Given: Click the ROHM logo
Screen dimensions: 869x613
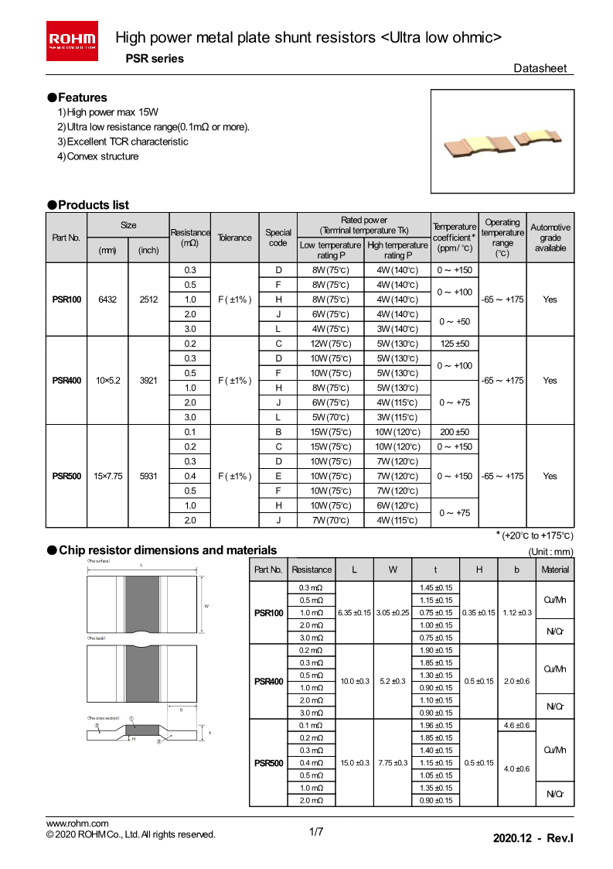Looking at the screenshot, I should [73, 40].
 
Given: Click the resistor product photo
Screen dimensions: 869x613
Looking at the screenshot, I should [502, 141].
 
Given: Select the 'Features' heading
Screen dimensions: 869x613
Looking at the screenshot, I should [77, 98].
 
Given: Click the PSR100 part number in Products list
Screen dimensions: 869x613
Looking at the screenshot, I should [66, 299].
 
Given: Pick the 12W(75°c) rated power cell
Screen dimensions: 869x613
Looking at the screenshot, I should [330, 344].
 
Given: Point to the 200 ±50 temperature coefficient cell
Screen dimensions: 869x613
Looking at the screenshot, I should [455, 432].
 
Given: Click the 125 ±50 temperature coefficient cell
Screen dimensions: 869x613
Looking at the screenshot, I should [455, 344].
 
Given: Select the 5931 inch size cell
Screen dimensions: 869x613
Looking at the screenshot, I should [148, 476].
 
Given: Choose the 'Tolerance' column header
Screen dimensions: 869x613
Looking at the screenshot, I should [234, 238].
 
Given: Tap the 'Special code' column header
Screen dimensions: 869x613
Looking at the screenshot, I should [278, 238].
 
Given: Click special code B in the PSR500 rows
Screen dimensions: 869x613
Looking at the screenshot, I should [278, 432].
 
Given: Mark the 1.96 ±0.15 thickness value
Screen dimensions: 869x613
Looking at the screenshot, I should [437, 725].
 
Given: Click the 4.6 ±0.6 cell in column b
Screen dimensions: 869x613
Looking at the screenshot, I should [516, 725].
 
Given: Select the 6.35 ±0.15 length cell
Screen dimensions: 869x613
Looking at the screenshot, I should [355, 613].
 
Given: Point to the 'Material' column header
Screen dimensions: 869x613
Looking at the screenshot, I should [555, 570].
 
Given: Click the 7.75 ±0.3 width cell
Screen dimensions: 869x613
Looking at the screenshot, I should [393, 763].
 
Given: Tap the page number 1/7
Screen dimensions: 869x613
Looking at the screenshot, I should [315, 833].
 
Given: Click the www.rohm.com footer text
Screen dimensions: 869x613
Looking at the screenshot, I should [77, 823].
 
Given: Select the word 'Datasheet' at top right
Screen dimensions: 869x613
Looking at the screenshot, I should [540, 68].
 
